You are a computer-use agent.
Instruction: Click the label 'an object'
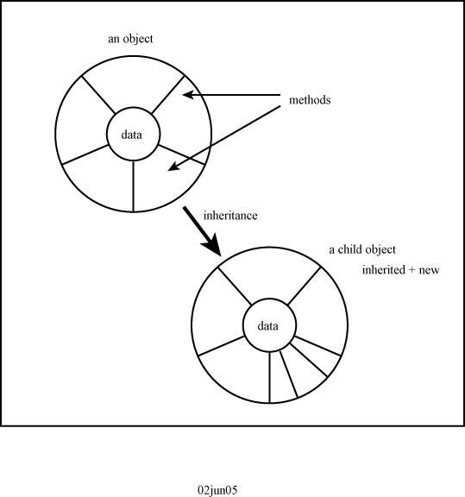click(130, 40)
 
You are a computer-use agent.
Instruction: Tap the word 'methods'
click(310, 100)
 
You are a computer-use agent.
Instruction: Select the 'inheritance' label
click(230, 216)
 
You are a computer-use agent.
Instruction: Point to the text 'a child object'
click(362, 249)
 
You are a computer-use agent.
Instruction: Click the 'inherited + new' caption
click(400, 270)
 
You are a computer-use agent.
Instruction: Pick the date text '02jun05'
click(217, 490)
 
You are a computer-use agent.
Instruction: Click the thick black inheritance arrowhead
click(211, 245)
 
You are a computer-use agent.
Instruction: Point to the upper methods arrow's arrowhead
click(188, 94)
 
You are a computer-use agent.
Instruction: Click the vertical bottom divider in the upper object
click(133, 186)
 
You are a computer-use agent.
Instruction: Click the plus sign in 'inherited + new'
click(412, 270)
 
